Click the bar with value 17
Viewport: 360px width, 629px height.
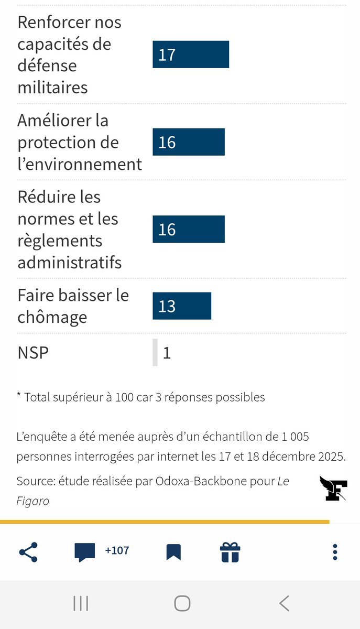(x=191, y=55)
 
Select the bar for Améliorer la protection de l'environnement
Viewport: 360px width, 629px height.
(x=189, y=142)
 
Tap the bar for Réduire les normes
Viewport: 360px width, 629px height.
(x=189, y=230)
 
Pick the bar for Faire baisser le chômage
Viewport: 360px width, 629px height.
(x=182, y=306)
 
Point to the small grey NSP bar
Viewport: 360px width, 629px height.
(x=155, y=352)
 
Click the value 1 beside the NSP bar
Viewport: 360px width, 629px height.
(x=167, y=353)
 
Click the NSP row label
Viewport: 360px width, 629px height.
(x=33, y=353)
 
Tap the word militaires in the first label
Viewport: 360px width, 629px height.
(x=52, y=88)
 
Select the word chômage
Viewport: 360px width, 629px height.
(x=52, y=317)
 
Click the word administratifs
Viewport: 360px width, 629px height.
(x=70, y=262)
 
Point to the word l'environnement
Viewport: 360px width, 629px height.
(x=80, y=164)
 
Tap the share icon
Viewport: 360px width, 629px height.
(x=28, y=551)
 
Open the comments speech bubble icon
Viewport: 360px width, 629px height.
(x=85, y=552)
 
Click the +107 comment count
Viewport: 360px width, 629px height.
(x=117, y=551)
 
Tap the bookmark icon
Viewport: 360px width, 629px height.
(x=173, y=552)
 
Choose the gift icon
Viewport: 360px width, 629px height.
(x=230, y=552)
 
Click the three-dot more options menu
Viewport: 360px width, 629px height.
(x=335, y=552)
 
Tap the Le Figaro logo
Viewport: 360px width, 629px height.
(x=333, y=488)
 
